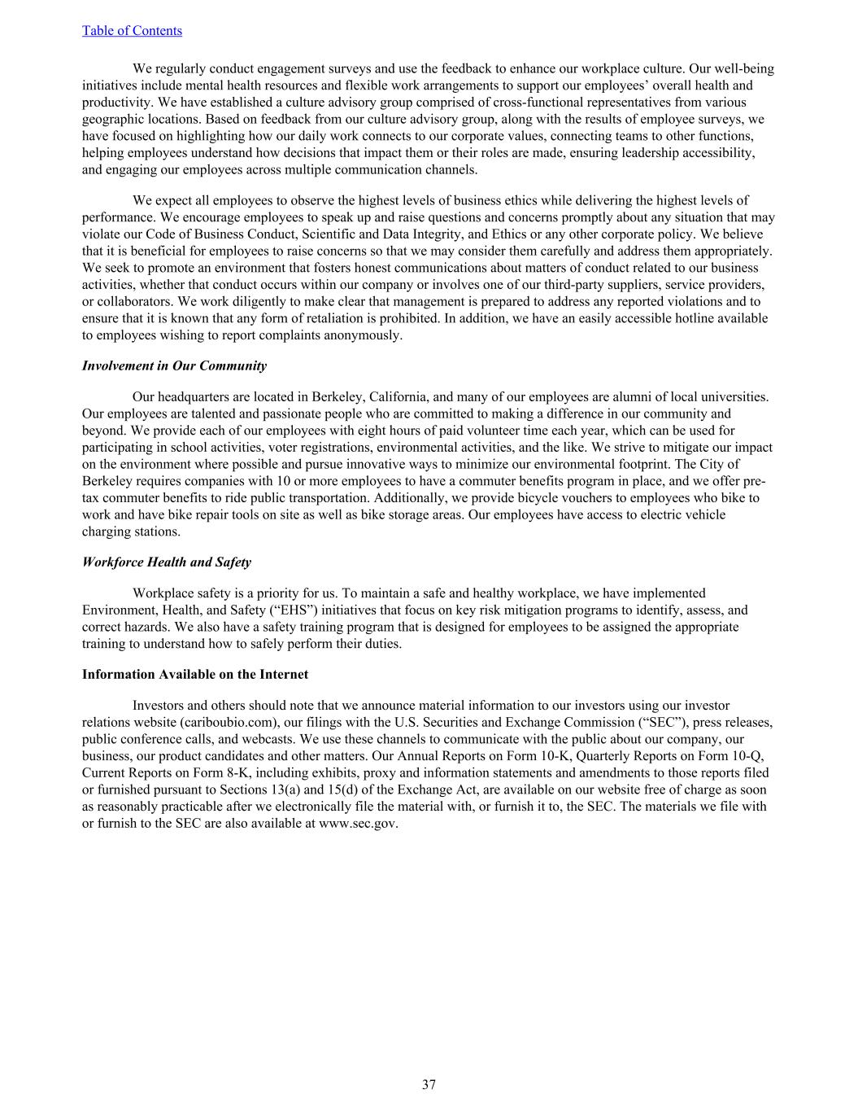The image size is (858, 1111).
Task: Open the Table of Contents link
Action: click(x=132, y=31)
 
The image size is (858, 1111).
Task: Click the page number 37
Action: click(x=429, y=1084)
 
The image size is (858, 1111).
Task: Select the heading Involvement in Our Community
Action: click(x=174, y=366)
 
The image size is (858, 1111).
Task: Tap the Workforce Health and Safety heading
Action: click(x=166, y=562)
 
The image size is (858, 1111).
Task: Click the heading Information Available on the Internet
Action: click(x=194, y=675)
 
